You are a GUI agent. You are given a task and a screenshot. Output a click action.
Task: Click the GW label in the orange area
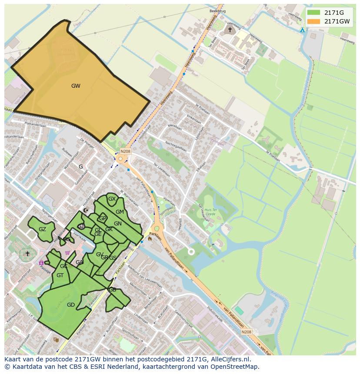tap(76, 86)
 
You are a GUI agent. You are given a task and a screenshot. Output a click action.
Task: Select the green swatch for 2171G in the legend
tap(313, 13)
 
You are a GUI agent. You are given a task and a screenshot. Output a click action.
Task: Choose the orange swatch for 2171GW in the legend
tap(313, 21)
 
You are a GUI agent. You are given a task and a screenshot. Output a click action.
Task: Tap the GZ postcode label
tap(42, 229)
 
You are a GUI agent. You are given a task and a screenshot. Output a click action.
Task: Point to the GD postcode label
tap(71, 305)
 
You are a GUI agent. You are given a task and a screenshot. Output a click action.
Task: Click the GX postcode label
tap(112, 199)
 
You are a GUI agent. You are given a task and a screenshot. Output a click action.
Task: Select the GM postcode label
tap(120, 212)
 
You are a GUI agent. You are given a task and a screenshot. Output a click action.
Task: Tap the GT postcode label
tap(60, 275)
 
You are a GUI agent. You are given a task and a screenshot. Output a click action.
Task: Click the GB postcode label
tap(112, 290)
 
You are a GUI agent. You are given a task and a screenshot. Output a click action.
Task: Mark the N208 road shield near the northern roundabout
tap(125, 151)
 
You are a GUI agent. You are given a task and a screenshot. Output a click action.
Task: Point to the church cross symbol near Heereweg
tap(230, 30)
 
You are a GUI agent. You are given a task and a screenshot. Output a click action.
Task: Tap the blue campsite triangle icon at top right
tap(303, 30)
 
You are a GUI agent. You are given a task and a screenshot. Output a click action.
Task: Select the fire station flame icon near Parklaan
tap(150, 238)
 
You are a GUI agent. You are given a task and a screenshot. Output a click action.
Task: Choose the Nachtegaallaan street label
tap(176, 146)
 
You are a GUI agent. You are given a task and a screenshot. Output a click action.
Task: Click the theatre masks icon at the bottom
tap(56, 339)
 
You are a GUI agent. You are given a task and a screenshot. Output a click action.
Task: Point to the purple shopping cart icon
tap(67, 253)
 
